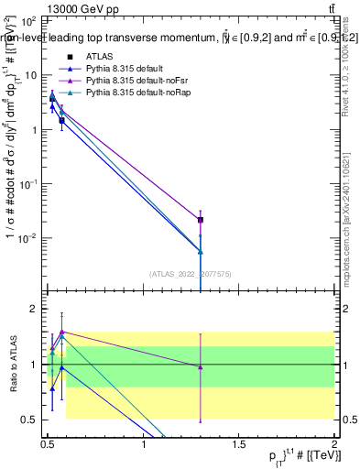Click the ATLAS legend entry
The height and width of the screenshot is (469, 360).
click(99, 56)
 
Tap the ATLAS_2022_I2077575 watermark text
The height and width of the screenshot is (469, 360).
click(191, 272)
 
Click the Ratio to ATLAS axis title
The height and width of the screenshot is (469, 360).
click(13, 364)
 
